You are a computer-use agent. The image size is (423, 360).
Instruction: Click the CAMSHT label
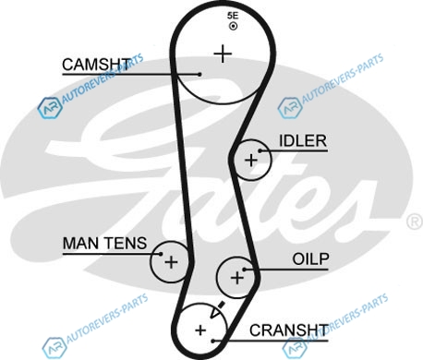(96, 65)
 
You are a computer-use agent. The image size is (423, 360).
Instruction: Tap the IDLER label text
(303, 141)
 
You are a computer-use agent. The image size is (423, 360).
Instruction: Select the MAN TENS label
(104, 243)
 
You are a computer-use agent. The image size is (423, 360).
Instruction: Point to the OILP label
(310, 259)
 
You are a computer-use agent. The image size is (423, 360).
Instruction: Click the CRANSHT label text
(289, 330)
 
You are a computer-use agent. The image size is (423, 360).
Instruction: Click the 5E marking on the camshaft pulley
(233, 16)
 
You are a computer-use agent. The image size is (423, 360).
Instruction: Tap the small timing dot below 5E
(233, 26)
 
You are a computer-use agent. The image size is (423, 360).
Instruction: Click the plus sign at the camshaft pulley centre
(223, 54)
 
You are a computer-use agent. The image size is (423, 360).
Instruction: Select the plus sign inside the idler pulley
(251, 161)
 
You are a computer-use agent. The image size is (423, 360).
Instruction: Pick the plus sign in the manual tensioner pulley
(171, 262)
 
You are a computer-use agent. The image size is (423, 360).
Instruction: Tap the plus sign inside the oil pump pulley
(237, 278)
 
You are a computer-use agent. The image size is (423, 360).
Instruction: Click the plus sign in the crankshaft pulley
(200, 330)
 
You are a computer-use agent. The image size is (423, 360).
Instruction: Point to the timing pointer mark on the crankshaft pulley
(217, 309)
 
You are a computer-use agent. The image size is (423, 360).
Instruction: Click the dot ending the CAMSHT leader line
(199, 74)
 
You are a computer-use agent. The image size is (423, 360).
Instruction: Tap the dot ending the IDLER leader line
(260, 150)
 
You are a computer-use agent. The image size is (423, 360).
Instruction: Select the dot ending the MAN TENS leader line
(161, 254)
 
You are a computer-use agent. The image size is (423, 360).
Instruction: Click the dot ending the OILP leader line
(244, 270)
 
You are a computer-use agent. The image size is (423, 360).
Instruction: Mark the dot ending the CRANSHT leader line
(212, 341)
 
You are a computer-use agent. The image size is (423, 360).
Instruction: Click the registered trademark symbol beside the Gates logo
(415, 222)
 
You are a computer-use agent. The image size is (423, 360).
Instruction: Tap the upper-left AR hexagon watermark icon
(50, 108)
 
